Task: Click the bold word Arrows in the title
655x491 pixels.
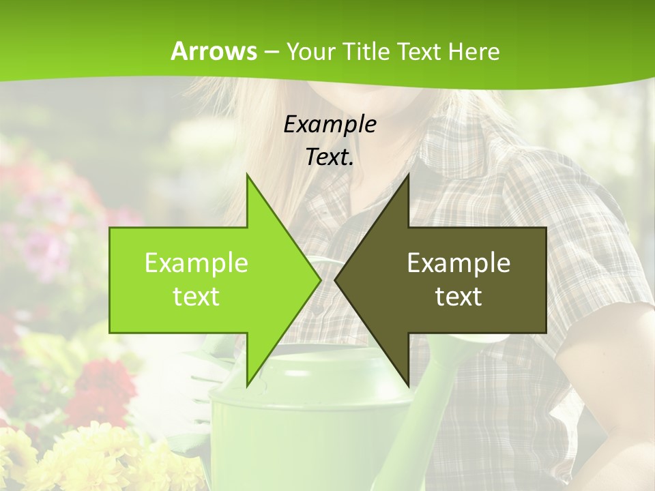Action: point(214,51)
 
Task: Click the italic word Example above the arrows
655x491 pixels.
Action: point(330,124)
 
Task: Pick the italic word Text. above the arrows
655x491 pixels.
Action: point(330,157)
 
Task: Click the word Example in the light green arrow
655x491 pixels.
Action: point(196,263)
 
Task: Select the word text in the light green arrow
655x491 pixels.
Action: point(196,297)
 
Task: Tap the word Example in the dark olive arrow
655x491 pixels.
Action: point(458,263)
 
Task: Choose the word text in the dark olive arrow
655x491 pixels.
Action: point(458,297)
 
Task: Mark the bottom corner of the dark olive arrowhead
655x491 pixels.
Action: point(407,383)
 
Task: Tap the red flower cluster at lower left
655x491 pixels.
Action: point(102,389)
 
